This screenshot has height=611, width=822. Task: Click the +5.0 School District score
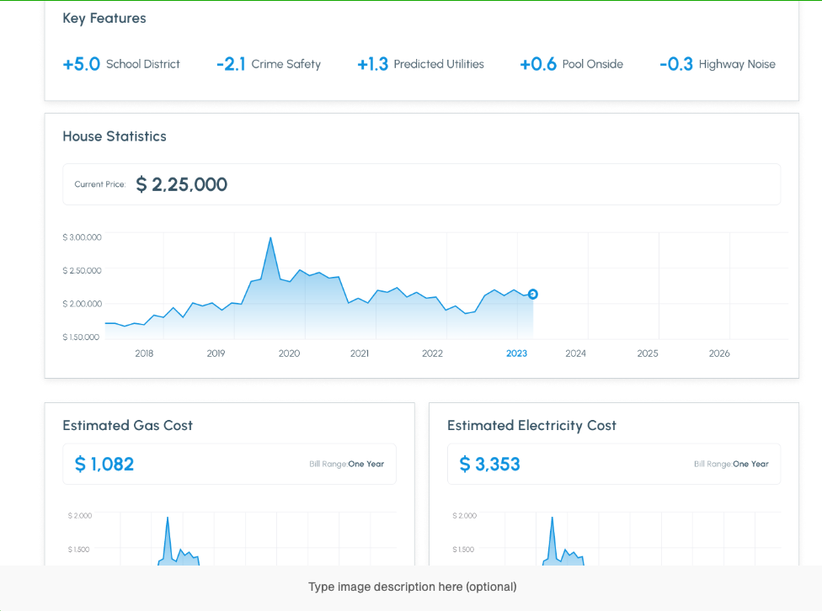pyautogui.click(x=82, y=64)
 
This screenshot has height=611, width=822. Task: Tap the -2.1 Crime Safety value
pyautogui.click(x=231, y=64)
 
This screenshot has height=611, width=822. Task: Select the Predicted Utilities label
pyautogui.click(x=439, y=64)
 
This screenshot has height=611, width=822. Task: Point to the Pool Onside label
pyautogui.click(x=593, y=64)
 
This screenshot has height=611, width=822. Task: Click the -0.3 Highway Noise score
pyautogui.click(x=676, y=64)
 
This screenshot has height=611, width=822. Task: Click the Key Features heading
pyautogui.click(x=104, y=18)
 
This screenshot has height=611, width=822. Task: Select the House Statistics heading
pyautogui.click(x=114, y=136)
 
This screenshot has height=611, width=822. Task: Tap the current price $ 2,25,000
pyautogui.click(x=182, y=184)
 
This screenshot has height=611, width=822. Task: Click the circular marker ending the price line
pyautogui.click(x=533, y=294)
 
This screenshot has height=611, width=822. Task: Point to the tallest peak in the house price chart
pyautogui.click(x=270, y=238)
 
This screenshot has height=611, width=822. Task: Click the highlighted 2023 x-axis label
pyautogui.click(x=516, y=353)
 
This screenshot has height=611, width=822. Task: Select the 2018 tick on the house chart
pyautogui.click(x=144, y=353)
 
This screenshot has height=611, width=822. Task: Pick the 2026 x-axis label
pyautogui.click(x=719, y=353)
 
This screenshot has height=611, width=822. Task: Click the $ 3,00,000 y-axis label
pyautogui.click(x=82, y=237)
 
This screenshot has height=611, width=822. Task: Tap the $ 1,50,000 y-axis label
pyautogui.click(x=82, y=337)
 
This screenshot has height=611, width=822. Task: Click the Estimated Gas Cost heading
pyautogui.click(x=127, y=425)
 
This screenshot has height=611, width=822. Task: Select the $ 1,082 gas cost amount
pyautogui.click(x=104, y=464)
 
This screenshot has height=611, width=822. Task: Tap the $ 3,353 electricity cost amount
pyautogui.click(x=489, y=464)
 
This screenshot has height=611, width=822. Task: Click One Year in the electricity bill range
pyautogui.click(x=750, y=464)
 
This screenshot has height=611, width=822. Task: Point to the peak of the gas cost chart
pyautogui.click(x=168, y=518)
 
